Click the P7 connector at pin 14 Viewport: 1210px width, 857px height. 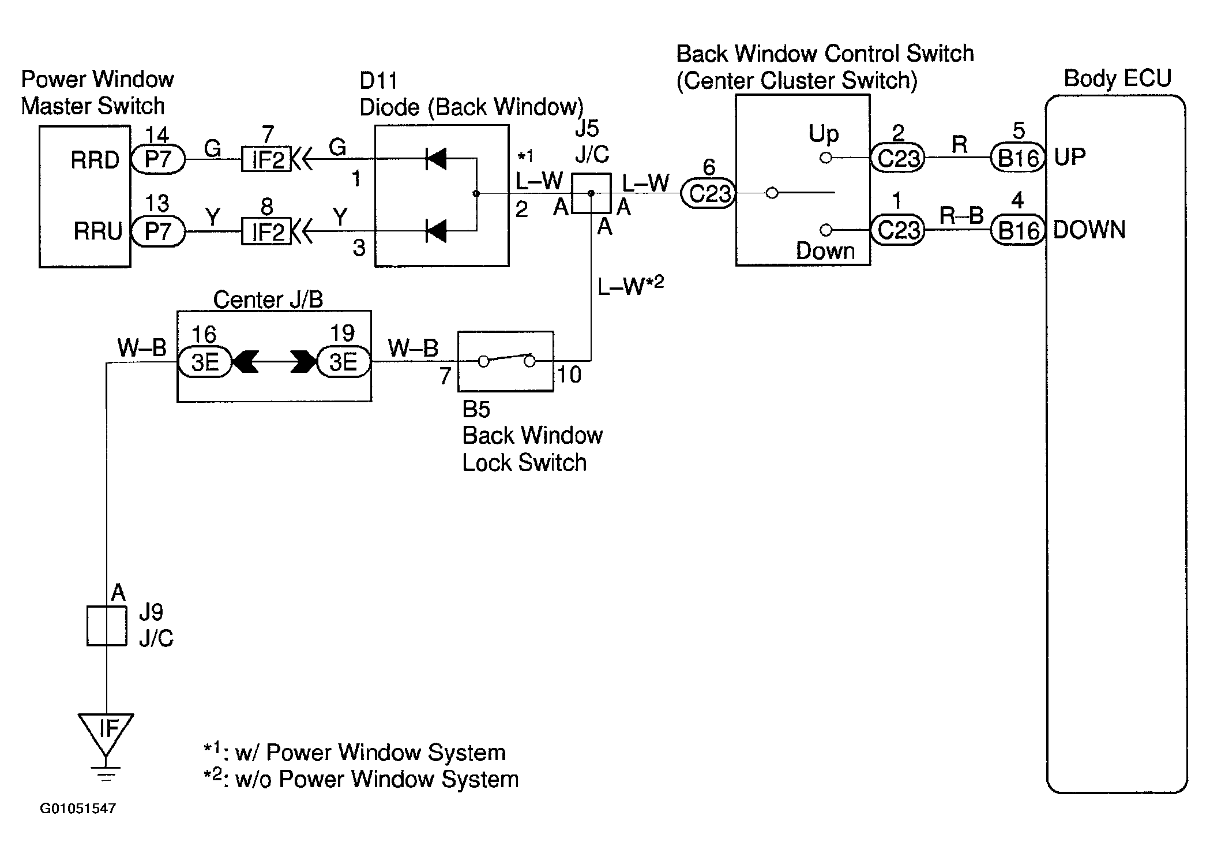158,159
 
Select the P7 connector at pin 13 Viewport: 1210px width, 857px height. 158,231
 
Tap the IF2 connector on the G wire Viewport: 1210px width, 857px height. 266,159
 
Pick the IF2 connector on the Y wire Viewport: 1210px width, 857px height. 266,231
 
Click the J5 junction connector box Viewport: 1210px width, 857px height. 591,193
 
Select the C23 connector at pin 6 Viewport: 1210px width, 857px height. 708,193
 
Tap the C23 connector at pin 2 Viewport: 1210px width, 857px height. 897,158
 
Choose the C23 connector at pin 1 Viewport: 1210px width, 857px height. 897,230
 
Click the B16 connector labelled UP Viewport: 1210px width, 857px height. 1018,158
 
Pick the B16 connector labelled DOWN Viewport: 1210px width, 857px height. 1018,230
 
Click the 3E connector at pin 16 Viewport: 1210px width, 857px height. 205,362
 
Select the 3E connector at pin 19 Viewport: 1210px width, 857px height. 344,362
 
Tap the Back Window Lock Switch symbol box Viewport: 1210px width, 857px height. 506,361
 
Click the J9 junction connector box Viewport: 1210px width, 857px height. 107,626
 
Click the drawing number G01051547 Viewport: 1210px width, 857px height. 78,808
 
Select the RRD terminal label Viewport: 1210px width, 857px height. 95,160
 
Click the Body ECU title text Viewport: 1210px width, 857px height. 1117,78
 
